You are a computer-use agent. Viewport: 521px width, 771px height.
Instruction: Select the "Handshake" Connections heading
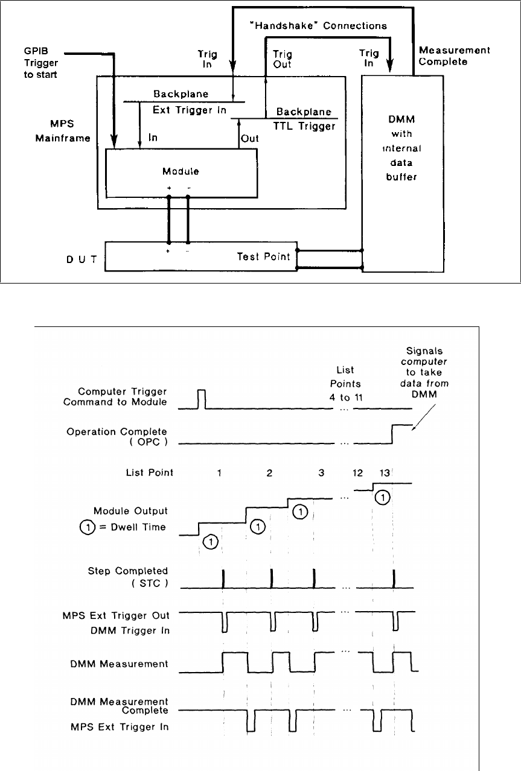click(x=318, y=26)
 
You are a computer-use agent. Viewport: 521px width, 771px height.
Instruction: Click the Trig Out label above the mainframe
click(x=283, y=59)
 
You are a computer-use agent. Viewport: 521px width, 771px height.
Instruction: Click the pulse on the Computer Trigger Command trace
click(x=202, y=399)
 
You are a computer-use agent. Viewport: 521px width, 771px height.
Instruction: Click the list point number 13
click(x=383, y=472)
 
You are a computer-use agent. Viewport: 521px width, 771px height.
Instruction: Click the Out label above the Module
click(x=250, y=138)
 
